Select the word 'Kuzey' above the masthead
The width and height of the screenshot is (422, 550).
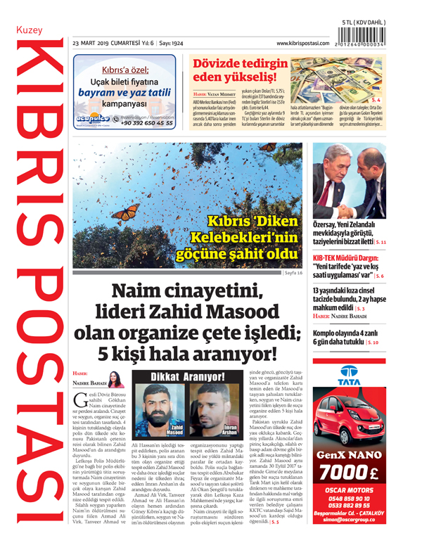30,33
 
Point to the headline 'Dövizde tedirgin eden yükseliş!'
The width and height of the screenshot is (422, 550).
240,69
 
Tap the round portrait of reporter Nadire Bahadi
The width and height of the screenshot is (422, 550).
115,380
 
